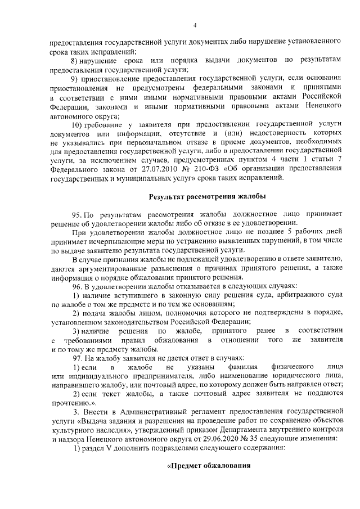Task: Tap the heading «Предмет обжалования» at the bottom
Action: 209,467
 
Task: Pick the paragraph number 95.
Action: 77,215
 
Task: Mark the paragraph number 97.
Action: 77,358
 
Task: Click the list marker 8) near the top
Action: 74,60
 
